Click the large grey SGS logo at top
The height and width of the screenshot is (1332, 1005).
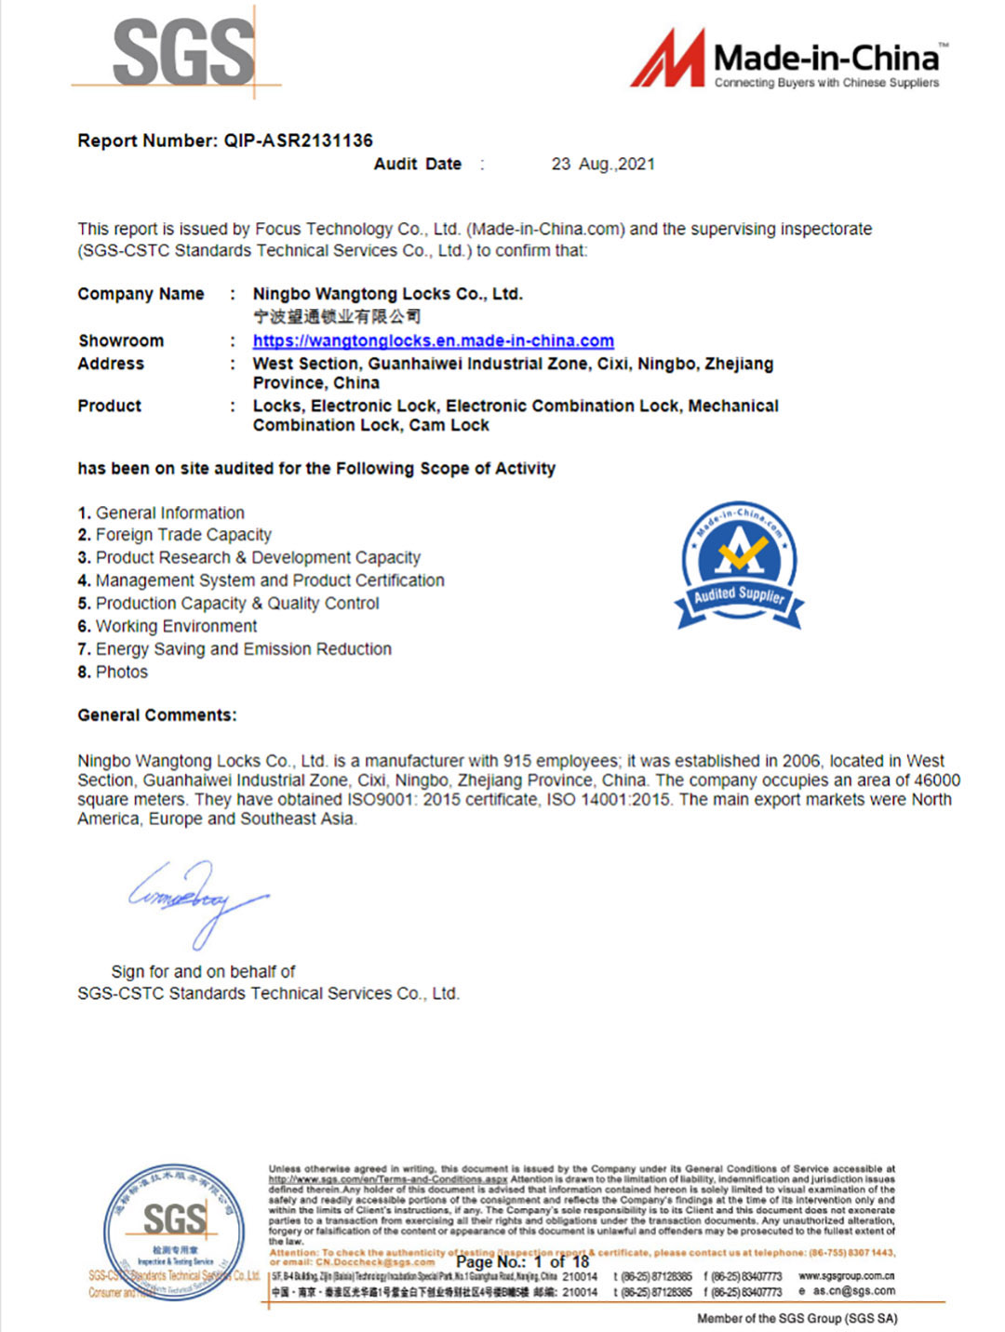(183, 54)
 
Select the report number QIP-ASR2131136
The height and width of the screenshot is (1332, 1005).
(298, 140)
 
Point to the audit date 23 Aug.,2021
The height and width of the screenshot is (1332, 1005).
(603, 165)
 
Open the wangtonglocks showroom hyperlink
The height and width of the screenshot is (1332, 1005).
(433, 340)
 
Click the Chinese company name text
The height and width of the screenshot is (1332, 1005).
(337, 316)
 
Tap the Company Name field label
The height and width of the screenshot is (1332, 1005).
(141, 294)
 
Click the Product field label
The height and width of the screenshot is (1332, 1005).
(110, 406)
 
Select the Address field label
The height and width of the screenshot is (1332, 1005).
(111, 364)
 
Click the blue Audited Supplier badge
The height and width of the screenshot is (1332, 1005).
(740, 565)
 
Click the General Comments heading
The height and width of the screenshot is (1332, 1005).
(157, 715)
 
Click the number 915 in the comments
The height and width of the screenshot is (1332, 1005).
(518, 761)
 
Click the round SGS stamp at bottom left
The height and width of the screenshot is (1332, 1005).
(174, 1231)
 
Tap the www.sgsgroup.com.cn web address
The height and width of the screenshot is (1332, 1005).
(846, 1276)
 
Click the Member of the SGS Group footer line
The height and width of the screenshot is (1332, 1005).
(797, 1318)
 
